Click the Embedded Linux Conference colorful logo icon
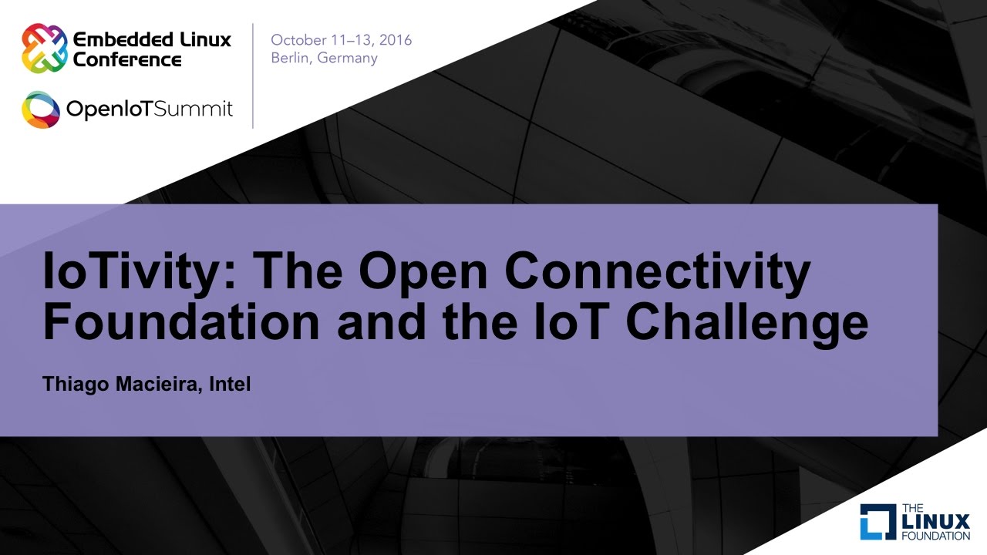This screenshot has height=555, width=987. [x=43, y=48]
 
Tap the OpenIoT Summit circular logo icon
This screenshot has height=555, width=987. [x=41, y=109]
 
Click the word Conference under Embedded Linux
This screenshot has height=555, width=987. [x=127, y=59]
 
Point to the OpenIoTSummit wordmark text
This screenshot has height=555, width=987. [x=150, y=109]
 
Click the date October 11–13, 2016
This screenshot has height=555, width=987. [x=341, y=40]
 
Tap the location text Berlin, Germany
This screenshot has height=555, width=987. [x=324, y=59]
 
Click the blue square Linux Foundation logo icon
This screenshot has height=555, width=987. [x=878, y=522]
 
